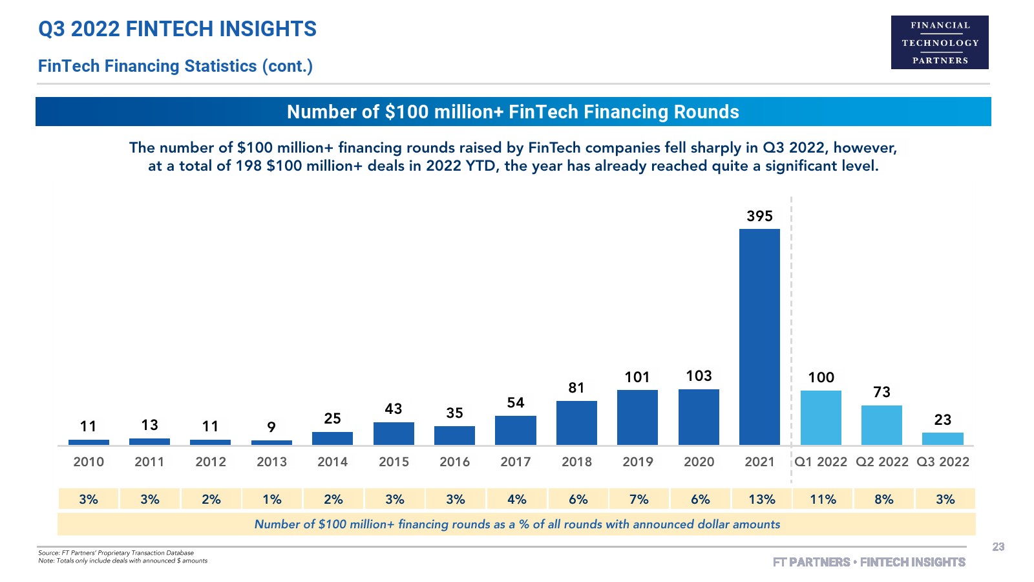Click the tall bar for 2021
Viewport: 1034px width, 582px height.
click(x=759, y=336)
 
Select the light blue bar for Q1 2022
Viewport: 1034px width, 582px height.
click(x=821, y=417)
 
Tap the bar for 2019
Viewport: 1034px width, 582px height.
click(x=637, y=417)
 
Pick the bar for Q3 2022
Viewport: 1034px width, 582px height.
click(x=942, y=438)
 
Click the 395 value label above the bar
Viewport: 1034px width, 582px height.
click(x=759, y=216)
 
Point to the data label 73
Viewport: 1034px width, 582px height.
click(x=881, y=392)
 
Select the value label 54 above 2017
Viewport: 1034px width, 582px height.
click(x=516, y=402)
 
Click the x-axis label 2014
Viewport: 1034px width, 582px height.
click(x=332, y=462)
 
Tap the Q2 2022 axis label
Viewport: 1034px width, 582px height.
click(x=881, y=462)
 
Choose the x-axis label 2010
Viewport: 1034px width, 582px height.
click(x=89, y=462)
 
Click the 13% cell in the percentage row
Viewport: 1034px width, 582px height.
click(x=761, y=499)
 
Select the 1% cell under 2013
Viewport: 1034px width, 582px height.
click(x=271, y=499)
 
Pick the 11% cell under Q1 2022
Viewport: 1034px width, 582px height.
click(x=823, y=499)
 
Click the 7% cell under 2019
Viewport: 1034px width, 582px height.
click(x=638, y=499)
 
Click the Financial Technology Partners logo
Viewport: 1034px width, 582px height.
click(x=940, y=42)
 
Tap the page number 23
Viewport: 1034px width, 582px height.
click(x=998, y=547)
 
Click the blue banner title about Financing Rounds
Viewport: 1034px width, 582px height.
click(x=513, y=112)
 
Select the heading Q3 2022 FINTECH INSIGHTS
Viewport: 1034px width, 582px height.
click(x=177, y=29)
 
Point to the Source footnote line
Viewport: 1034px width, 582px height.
click(x=116, y=553)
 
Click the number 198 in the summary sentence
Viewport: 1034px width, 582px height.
click(x=249, y=166)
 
